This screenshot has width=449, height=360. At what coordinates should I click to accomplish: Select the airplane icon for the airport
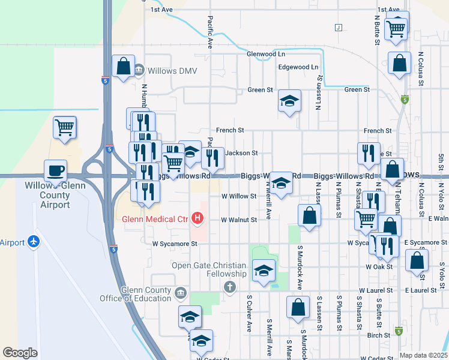click(34, 242)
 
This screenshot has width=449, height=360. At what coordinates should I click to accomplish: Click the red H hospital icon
click(197, 218)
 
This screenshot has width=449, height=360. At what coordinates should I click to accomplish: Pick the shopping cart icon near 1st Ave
click(396, 28)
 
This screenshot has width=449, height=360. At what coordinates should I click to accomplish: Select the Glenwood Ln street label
click(265, 53)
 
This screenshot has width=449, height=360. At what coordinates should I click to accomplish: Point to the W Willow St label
click(239, 196)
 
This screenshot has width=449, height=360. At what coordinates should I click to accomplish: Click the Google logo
click(20, 353)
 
